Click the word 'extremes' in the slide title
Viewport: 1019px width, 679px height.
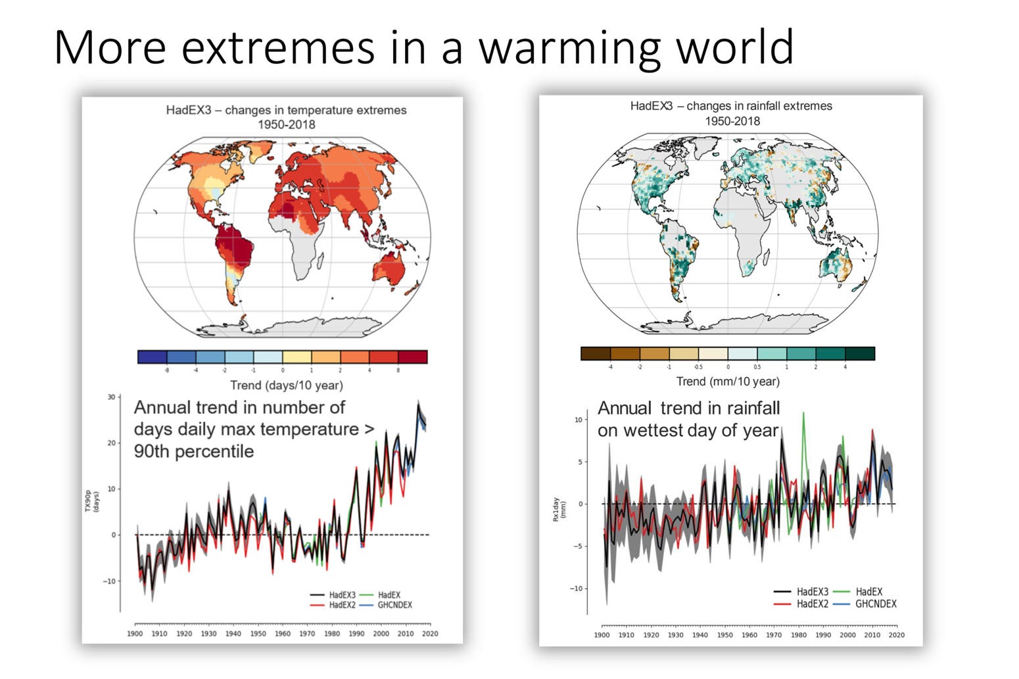(x=277, y=47)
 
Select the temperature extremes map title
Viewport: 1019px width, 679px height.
(x=286, y=117)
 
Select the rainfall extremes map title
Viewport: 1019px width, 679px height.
(x=731, y=113)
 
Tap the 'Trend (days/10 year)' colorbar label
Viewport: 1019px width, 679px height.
(x=286, y=385)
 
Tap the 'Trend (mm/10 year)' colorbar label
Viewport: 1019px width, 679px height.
(x=728, y=382)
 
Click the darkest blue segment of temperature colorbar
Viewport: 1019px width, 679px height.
(x=152, y=357)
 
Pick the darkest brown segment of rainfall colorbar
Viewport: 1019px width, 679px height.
(x=595, y=354)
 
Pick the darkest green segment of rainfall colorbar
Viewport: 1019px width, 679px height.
(x=860, y=354)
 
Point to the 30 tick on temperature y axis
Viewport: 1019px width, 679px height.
(x=112, y=397)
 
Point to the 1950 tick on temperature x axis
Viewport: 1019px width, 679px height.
(x=258, y=634)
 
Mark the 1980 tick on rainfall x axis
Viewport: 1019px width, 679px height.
(x=799, y=635)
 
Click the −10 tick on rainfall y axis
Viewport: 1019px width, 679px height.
(x=577, y=589)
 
